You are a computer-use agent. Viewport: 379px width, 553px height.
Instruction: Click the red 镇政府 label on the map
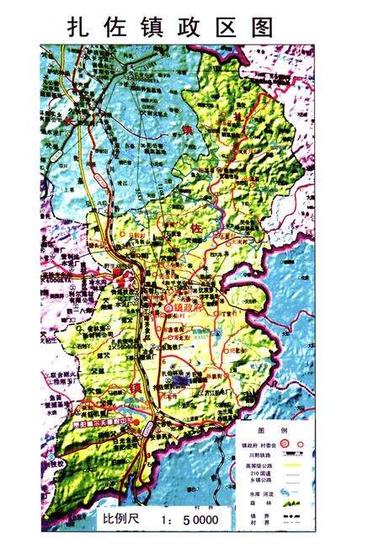[x=192, y=308]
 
